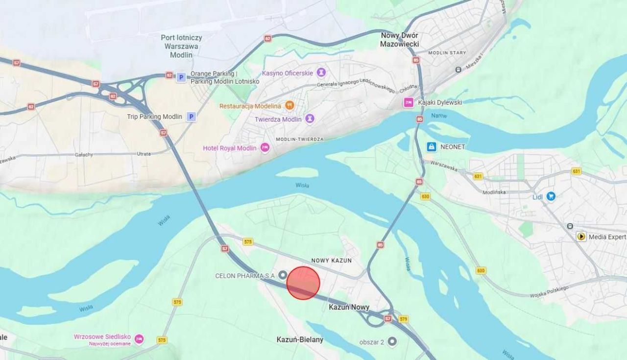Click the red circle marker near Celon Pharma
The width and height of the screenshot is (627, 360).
(x=303, y=283)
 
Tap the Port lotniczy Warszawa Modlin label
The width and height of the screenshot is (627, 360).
(x=181, y=46)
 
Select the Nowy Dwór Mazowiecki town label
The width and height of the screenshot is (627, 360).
(x=399, y=40)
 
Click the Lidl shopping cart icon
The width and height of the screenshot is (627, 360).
(x=551, y=196)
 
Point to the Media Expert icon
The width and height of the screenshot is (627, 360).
(x=581, y=237)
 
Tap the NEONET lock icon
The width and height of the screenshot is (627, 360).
(x=432, y=146)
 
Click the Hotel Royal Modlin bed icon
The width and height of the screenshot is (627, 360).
(x=265, y=148)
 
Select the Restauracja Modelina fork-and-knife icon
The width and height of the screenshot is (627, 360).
(x=289, y=106)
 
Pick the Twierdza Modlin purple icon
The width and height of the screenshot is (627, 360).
(x=310, y=119)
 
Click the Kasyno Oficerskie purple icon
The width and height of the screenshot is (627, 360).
(x=321, y=73)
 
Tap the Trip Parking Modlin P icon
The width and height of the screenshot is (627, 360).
(x=191, y=117)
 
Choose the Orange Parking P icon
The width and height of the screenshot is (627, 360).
(x=181, y=77)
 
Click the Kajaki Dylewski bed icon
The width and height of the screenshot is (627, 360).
(x=408, y=102)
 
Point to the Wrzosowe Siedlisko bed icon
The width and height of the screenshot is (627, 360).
(x=139, y=339)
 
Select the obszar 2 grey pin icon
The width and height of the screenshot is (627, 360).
(x=392, y=341)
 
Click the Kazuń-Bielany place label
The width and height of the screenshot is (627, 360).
(x=300, y=339)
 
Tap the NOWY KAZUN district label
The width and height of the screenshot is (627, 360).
(x=331, y=261)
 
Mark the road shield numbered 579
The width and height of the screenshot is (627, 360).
(x=403, y=319)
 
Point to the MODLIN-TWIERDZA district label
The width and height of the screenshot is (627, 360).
(x=299, y=139)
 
